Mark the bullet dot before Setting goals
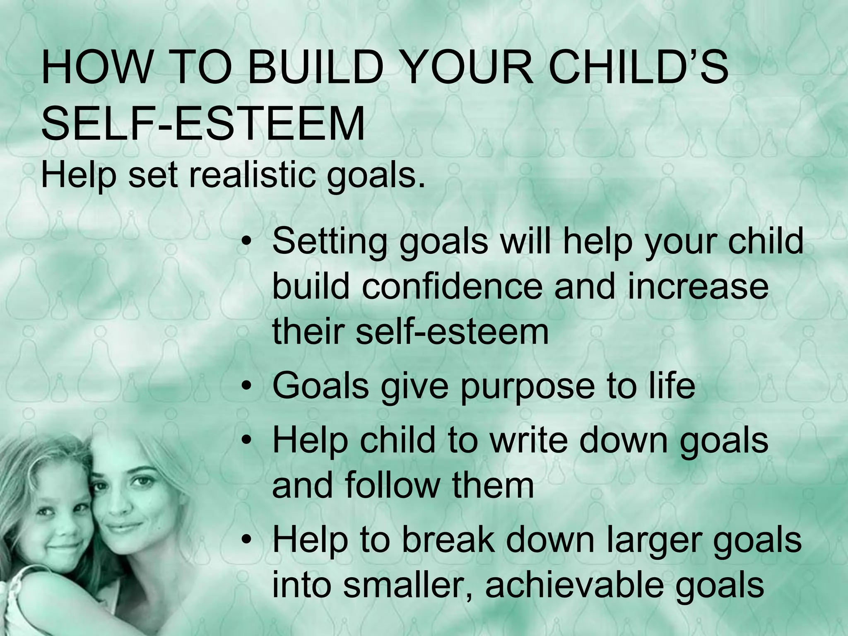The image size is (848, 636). [x=247, y=243]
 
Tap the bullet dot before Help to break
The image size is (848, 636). [x=247, y=541]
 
